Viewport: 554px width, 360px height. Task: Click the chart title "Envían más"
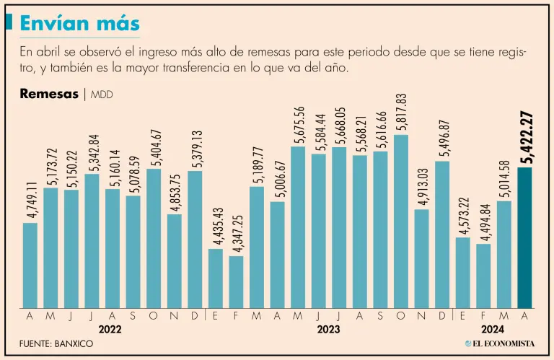79,23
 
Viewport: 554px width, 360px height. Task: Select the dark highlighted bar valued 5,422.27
524,238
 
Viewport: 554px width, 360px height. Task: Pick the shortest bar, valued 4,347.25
236,282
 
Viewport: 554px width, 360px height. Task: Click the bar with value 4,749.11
30,265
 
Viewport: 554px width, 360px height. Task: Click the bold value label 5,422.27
526,137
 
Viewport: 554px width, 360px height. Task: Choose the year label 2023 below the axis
329,329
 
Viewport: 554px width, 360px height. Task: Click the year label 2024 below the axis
493,329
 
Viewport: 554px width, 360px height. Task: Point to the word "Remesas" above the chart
49,94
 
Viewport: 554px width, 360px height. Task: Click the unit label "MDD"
102,95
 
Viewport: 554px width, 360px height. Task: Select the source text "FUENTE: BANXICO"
56,344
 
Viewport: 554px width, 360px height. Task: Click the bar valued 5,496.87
442,234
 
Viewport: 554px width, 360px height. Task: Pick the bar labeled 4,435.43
215,278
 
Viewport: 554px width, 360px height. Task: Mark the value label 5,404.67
154,148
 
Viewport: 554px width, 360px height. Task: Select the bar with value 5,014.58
504,255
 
